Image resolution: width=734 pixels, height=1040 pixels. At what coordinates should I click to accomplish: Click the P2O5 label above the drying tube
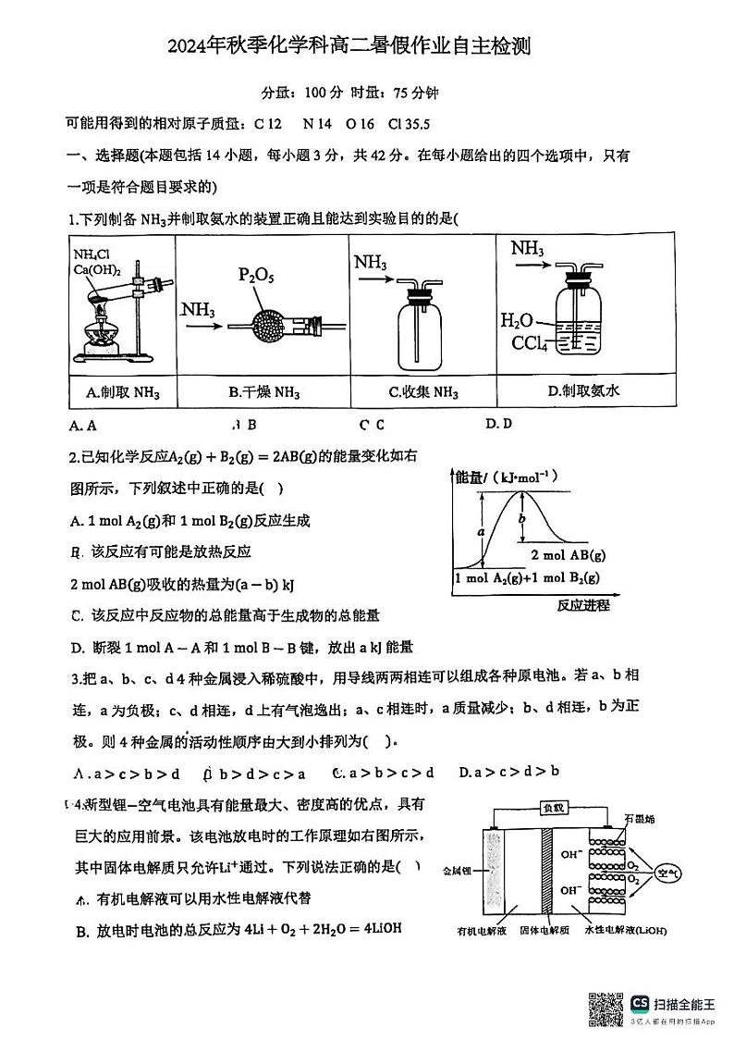point(257,277)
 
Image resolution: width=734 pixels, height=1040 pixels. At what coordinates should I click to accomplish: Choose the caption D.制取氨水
point(583,391)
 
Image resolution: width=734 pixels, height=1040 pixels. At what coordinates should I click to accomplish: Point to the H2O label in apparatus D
point(517,321)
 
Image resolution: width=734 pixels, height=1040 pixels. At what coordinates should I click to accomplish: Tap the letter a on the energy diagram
point(482,532)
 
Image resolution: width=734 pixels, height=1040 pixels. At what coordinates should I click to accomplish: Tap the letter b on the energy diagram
point(521,519)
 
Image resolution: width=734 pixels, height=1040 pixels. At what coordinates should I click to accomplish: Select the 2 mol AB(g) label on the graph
point(569,555)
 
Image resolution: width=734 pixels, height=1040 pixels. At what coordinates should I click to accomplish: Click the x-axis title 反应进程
point(584,605)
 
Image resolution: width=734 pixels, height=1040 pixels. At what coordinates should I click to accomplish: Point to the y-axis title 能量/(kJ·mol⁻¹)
point(503,477)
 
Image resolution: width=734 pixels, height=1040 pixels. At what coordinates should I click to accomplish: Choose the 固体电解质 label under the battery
point(545,930)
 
